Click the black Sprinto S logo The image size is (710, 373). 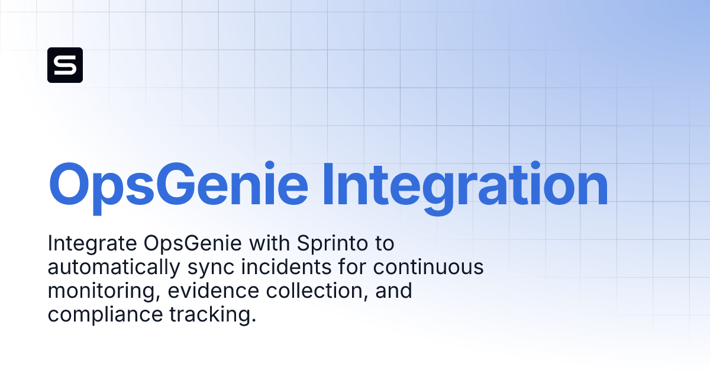point(65,65)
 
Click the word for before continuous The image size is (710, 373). point(353,267)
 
